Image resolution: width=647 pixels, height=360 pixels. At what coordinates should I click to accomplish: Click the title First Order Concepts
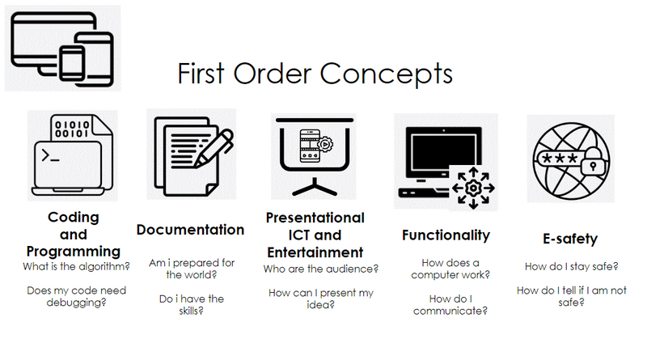tap(315, 74)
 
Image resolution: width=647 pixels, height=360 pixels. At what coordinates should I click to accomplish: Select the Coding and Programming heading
tap(73, 234)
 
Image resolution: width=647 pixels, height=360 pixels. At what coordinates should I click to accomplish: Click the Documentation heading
tap(190, 230)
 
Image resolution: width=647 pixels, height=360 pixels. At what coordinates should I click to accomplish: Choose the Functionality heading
tap(446, 235)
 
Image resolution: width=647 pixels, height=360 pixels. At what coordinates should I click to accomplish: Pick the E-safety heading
tap(570, 239)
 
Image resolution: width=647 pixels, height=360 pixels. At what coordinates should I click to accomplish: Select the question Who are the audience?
tap(321, 269)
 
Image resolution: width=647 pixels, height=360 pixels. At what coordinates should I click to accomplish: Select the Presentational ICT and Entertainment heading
tap(315, 235)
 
